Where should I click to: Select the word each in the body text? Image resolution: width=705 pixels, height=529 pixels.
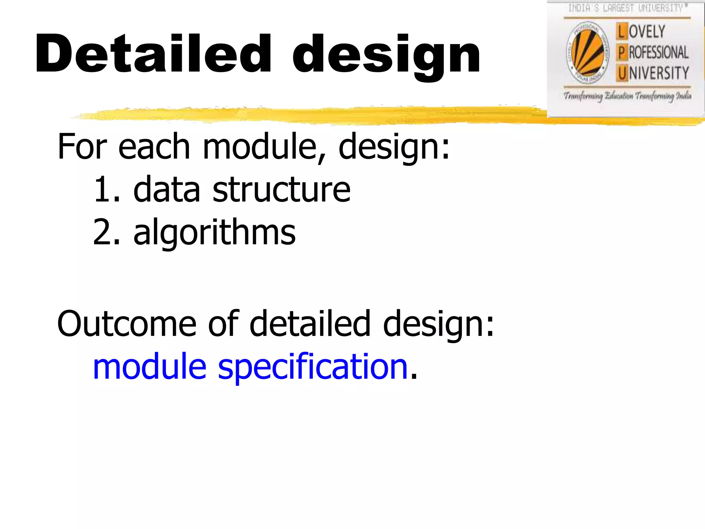click(154, 147)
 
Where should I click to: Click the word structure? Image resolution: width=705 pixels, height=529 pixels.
click(282, 189)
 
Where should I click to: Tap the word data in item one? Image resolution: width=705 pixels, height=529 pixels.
click(167, 189)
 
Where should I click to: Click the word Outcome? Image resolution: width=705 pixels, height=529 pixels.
click(126, 324)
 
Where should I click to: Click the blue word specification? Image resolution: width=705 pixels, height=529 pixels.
click(313, 367)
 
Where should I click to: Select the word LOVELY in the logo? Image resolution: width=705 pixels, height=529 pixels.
click(641, 32)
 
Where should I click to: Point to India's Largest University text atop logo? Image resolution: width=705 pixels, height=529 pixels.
click(627, 8)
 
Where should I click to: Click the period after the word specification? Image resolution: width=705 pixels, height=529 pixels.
click(414, 377)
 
